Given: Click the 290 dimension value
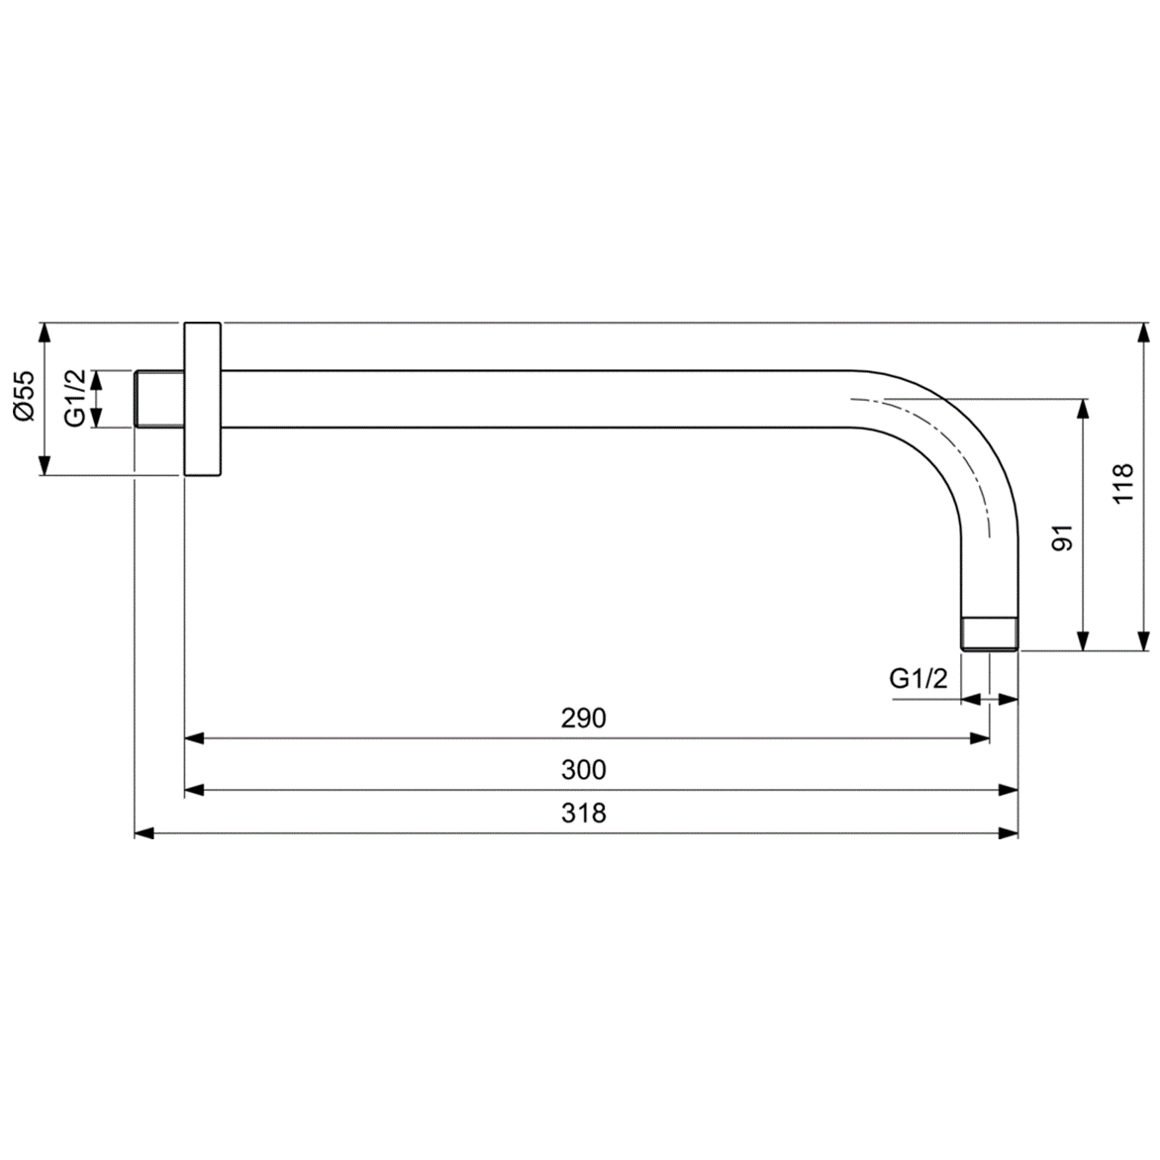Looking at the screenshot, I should click(583, 718).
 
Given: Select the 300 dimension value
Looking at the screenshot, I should click(583, 769).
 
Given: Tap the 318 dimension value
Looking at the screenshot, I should click(583, 814).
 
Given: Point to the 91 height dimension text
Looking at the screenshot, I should click(1062, 538).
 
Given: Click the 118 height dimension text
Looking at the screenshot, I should click(1121, 484).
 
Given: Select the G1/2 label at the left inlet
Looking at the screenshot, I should click(76, 398).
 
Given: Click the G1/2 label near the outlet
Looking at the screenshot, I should click(918, 679).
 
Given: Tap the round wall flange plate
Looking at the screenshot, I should click(203, 399).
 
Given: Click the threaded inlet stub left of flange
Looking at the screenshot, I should click(158, 399).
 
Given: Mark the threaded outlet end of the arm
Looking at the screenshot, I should click(989, 634).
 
